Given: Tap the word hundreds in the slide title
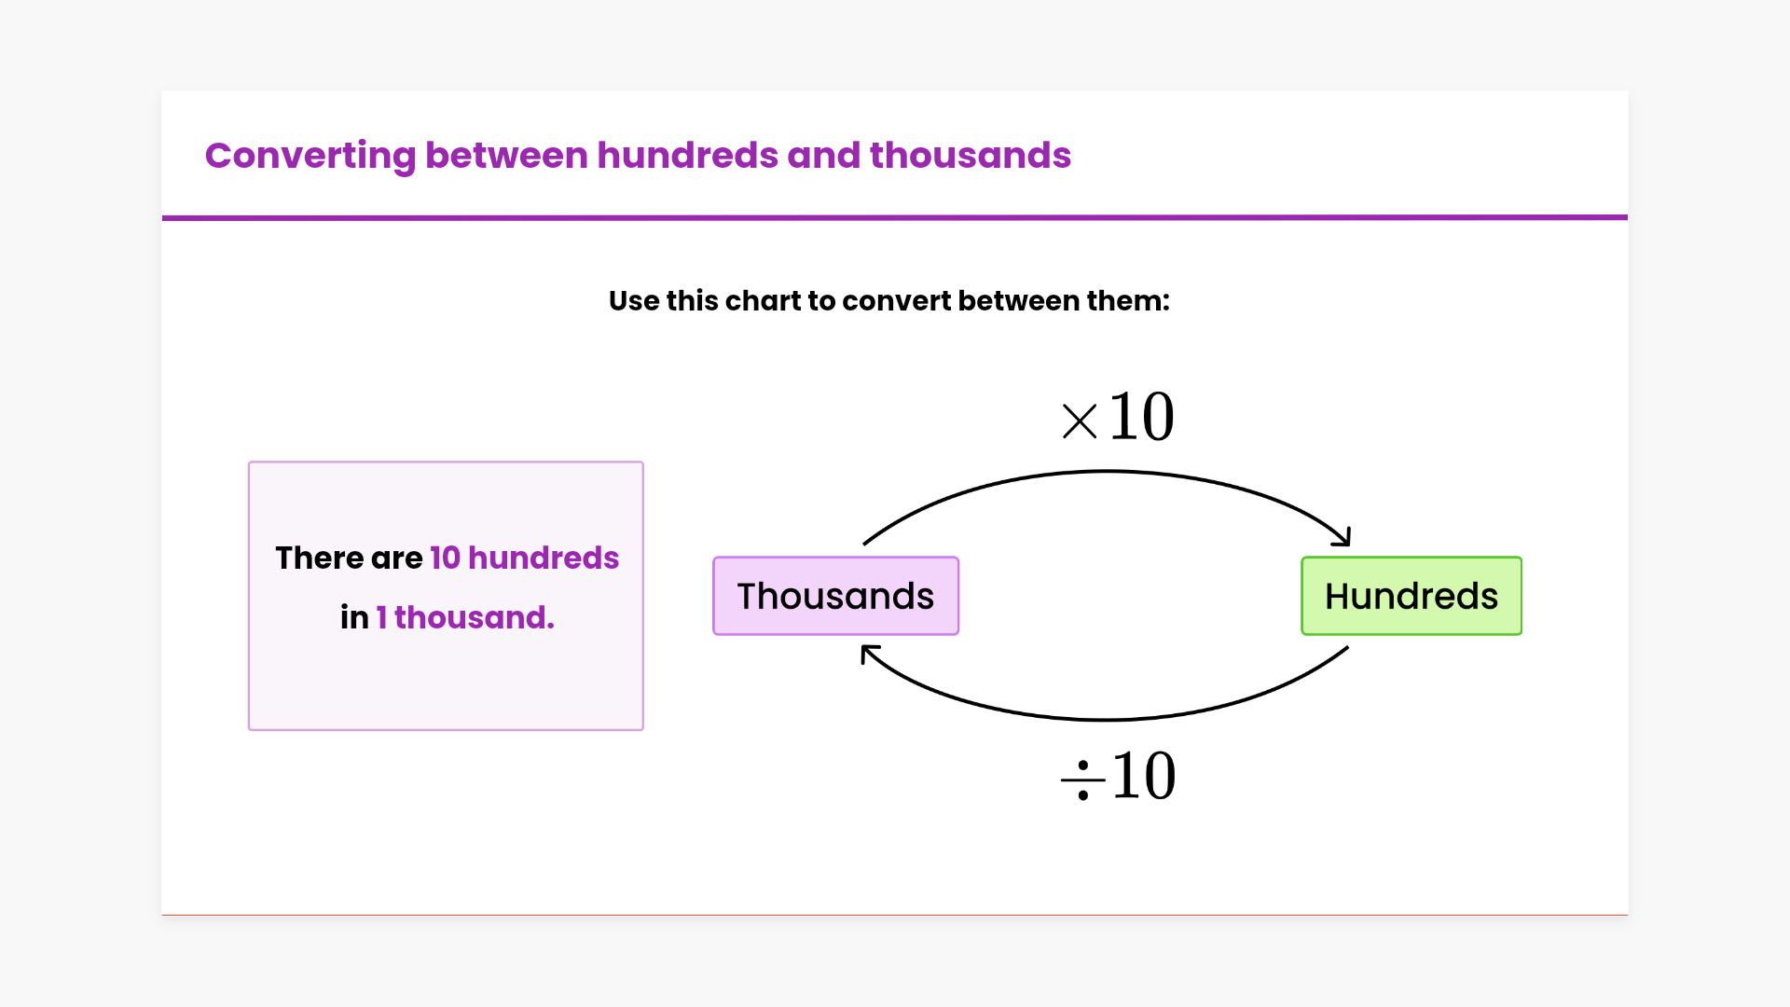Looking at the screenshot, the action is [x=687, y=155].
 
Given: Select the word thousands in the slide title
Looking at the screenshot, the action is [x=971, y=155].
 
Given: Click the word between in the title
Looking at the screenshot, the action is [x=506, y=155].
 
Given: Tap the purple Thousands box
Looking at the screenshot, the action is [x=835, y=596].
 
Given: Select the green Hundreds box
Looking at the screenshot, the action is [x=1411, y=596].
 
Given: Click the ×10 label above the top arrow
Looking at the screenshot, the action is [x=1118, y=416].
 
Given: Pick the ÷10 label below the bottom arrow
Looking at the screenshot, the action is [x=1118, y=776].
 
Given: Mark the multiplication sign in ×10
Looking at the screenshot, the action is [x=1080, y=421].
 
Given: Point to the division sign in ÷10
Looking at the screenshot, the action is [x=1082, y=780].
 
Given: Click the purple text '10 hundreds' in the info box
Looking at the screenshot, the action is [x=524, y=558].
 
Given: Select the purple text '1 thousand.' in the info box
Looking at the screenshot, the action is [x=465, y=617].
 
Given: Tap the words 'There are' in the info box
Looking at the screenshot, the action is [x=349, y=558].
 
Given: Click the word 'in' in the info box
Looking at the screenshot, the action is [x=354, y=617].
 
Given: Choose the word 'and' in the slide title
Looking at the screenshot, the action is [x=824, y=155].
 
